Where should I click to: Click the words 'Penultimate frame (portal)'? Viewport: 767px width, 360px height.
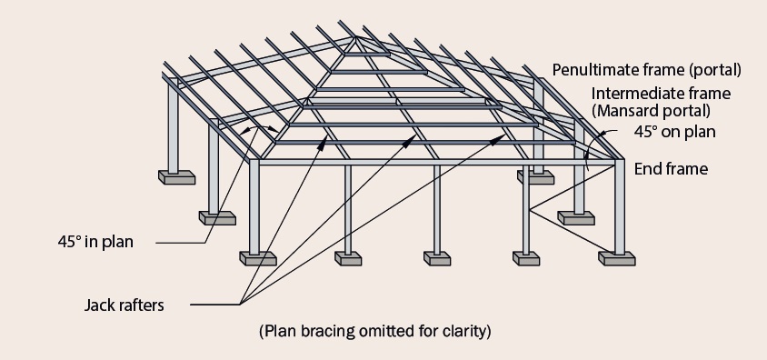click(x=647, y=70)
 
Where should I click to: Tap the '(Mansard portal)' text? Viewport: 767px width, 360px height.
click(x=652, y=111)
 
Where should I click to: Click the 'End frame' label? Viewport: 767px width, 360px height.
click(x=671, y=168)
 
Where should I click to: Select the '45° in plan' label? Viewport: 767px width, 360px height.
click(x=95, y=242)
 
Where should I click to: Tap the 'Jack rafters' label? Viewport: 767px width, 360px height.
click(x=125, y=305)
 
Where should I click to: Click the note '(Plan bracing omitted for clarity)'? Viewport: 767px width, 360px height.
click(x=375, y=330)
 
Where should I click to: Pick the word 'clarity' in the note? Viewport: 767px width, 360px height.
click(x=464, y=330)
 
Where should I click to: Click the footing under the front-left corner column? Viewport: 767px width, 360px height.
click(x=257, y=258)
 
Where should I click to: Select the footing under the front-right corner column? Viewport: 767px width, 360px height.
click(x=619, y=258)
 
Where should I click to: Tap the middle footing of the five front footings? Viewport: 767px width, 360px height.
click(x=437, y=258)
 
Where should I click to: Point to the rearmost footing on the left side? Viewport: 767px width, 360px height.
click(x=176, y=176)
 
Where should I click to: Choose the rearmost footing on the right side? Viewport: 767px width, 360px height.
click(x=537, y=176)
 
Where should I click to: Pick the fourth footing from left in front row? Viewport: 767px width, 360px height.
click(x=526, y=258)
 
